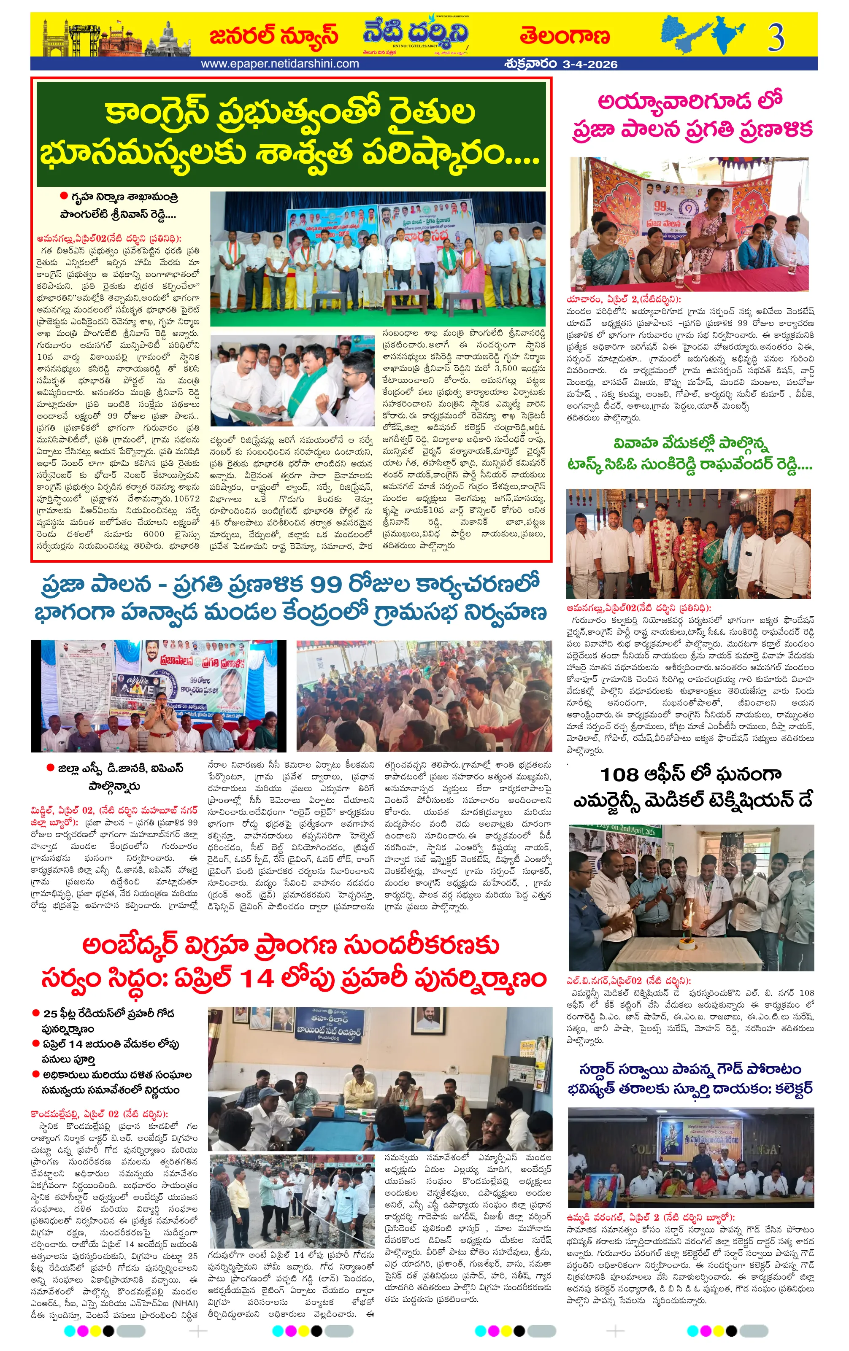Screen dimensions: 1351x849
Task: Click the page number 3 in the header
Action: coord(776,38)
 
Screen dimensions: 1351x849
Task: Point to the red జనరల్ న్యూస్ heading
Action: coord(273,35)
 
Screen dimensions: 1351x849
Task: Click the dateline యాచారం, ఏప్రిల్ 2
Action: coord(623,299)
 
